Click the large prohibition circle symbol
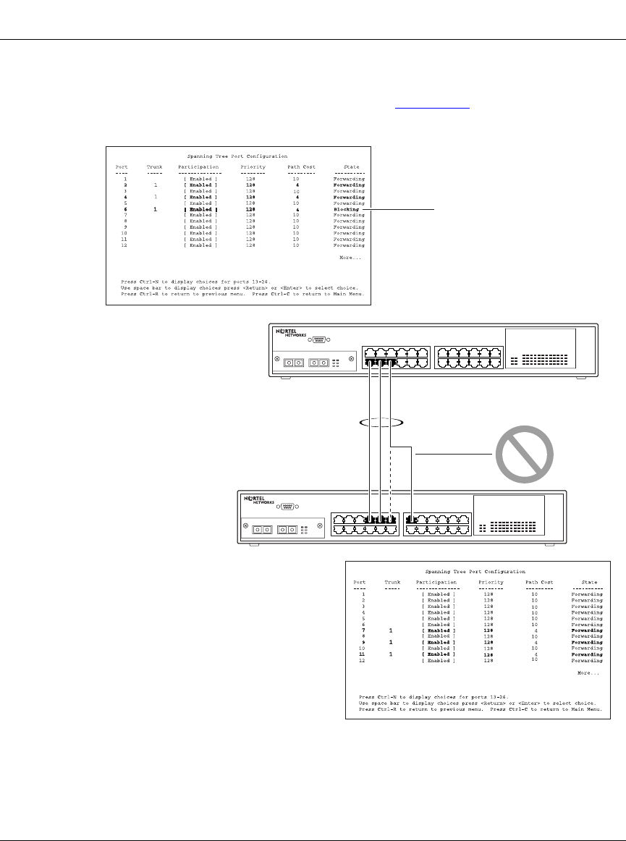coord(524,453)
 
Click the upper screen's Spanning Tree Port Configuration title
coord(237,156)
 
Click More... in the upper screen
coord(350,258)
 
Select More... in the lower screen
coord(588,673)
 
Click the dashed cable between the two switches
coord(391,463)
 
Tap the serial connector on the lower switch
coord(287,508)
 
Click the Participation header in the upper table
coord(198,167)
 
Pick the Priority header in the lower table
coord(491,582)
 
